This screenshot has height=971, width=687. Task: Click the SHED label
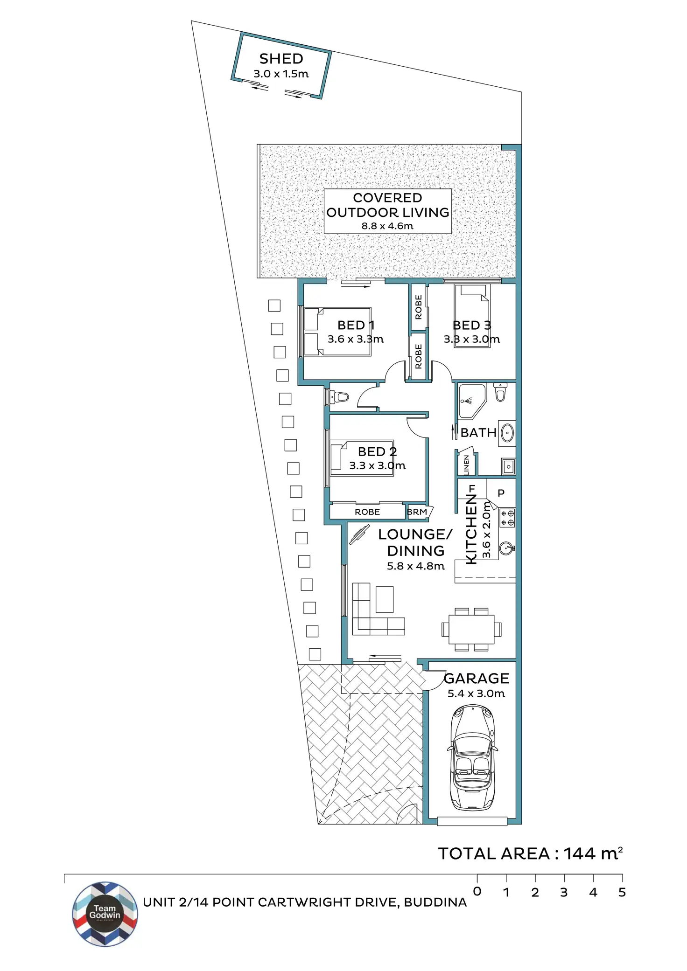[281, 59]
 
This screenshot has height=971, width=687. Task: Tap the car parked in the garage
[472, 758]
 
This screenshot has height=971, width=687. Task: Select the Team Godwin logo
[105, 914]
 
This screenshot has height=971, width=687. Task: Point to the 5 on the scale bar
[622, 892]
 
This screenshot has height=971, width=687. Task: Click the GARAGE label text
[477, 678]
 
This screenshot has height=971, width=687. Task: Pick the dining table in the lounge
[471, 629]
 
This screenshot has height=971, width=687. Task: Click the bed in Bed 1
[337, 332]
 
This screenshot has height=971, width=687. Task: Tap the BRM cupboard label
[417, 512]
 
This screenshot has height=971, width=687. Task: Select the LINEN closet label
[466, 465]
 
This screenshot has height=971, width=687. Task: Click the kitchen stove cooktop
[507, 518]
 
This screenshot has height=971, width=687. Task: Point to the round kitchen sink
[507, 548]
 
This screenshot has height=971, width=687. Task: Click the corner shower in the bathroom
[471, 401]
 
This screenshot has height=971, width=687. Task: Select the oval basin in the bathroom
[507, 433]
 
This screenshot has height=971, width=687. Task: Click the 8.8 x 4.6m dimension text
[387, 226]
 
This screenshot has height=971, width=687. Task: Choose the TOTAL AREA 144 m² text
[530, 853]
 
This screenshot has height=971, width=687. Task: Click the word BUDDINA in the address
[435, 902]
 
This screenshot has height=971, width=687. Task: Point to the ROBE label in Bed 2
[367, 512]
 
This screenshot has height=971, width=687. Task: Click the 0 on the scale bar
[477, 891]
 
